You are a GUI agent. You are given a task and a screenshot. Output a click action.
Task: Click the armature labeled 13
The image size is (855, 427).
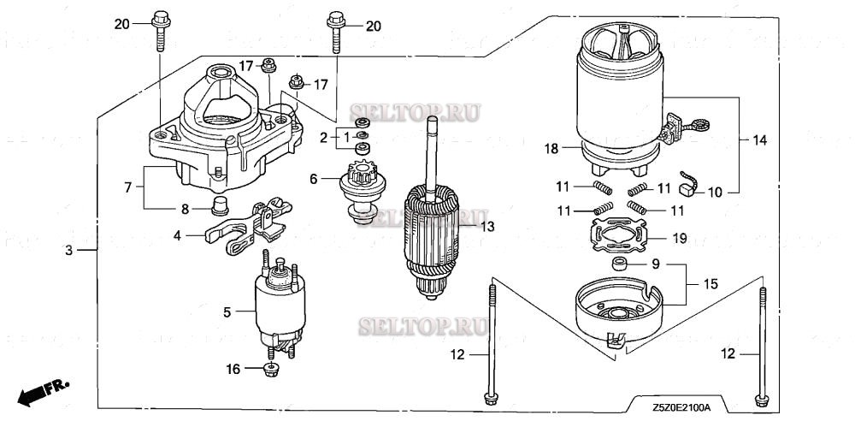tap(436, 231)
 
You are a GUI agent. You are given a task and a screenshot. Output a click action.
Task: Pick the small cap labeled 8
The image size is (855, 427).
tap(222, 205)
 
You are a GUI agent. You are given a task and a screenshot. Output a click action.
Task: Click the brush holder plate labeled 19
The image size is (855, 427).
tap(625, 236)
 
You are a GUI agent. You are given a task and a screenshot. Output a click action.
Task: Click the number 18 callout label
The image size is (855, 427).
tap(551, 148)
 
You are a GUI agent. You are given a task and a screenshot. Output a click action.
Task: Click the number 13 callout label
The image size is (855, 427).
tap(487, 226)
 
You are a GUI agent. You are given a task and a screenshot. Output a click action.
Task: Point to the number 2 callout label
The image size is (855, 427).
tap(324, 137)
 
